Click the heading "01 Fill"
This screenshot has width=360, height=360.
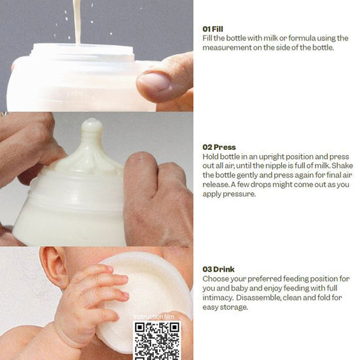(213, 29)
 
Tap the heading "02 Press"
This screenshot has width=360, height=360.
(219, 147)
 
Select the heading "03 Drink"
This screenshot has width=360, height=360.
(219, 269)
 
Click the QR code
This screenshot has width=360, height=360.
(157, 340)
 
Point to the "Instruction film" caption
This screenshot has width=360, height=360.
(154, 317)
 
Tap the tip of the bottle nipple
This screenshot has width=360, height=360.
(92, 121)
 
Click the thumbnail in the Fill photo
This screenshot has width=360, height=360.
(154, 82)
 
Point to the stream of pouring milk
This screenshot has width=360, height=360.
(77, 22)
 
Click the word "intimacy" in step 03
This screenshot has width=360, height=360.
(218, 298)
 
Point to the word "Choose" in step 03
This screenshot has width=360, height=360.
(215, 279)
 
